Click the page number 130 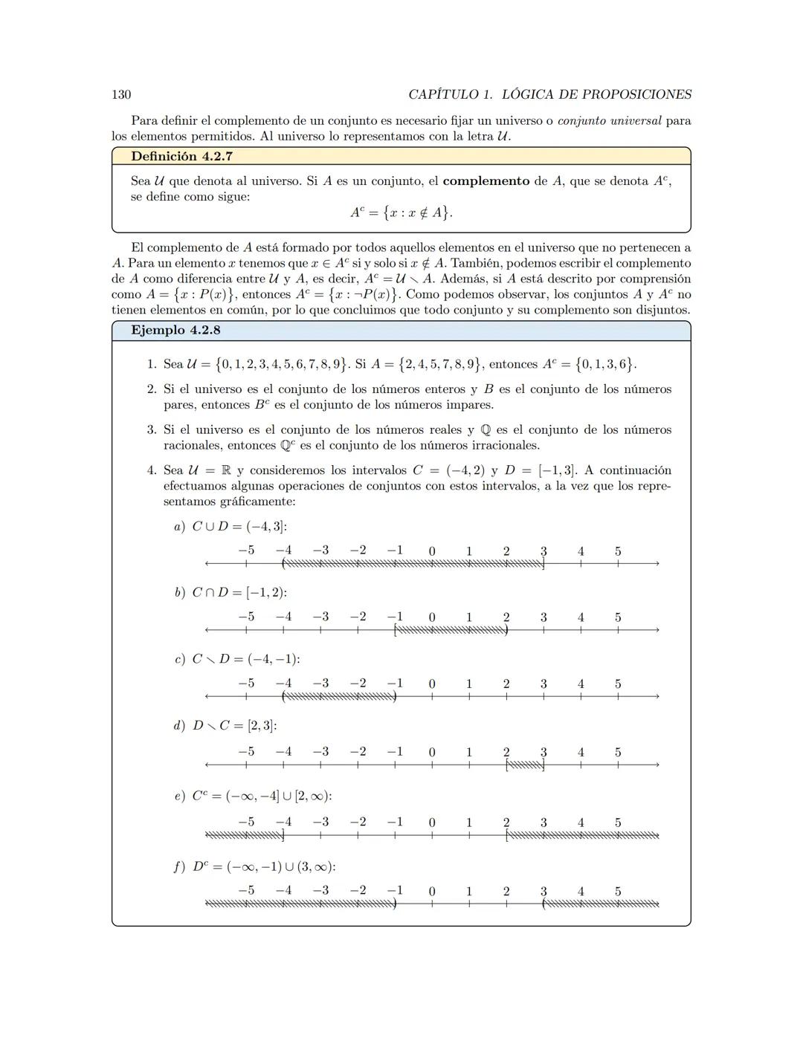[x=121, y=94]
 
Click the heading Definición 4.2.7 [x=175, y=156]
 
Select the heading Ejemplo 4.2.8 [x=175, y=330]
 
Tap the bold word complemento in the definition [x=486, y=181]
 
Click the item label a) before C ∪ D [x=179, y=526]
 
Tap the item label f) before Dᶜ [x=179, y=866]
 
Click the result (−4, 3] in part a [x=266, y=526]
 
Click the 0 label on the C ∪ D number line [x=432, y=551]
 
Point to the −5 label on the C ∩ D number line [x=246, y=617]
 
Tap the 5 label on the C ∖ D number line [x=618, y=684]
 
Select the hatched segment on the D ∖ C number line [x=525, y=765]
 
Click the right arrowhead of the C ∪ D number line [x=657, y=564]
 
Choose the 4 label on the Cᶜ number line [x=581, y=823]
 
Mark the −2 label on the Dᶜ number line [x=358, y=890]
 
